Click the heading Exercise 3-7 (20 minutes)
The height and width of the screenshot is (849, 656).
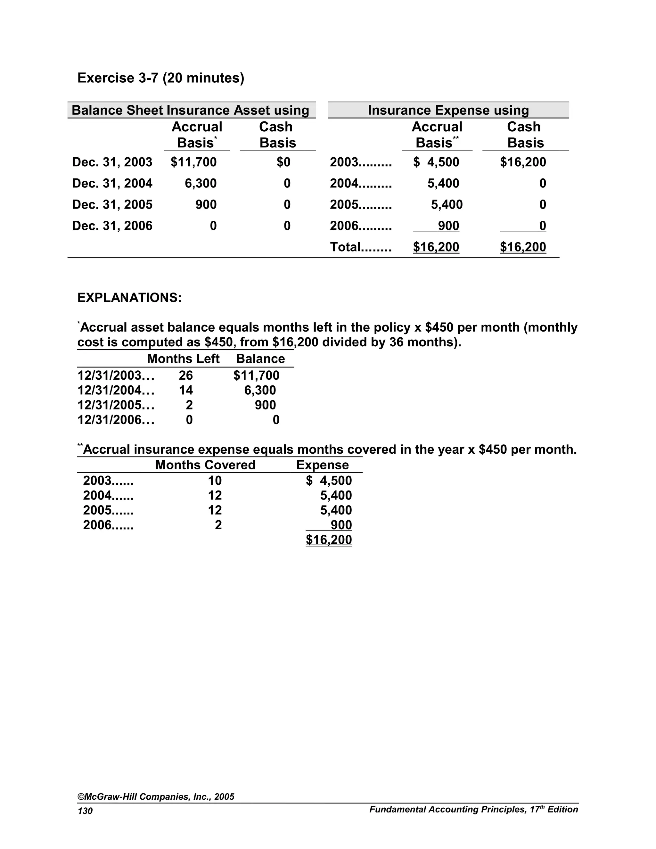(161, 78)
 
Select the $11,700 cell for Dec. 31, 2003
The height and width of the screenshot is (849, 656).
(193, 162)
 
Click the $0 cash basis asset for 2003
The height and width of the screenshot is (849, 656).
(283, 162)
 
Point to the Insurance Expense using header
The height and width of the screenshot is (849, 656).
(448, 111)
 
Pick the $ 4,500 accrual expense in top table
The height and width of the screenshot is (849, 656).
(436, 162)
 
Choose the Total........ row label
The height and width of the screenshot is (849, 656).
(361, 247)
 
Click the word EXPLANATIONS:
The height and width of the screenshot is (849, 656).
(129, 298)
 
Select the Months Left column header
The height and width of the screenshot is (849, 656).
(183, 359)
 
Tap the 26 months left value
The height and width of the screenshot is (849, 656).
(186, 375)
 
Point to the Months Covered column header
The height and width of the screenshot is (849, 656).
(205, 465)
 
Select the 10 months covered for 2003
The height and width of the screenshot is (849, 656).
(215, 481)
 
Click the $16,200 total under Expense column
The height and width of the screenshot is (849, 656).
(329, 540)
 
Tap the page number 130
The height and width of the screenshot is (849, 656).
(85, 811)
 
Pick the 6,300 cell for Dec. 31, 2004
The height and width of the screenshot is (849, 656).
(201, 184)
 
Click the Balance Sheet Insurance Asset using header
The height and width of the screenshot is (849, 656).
(191, 111)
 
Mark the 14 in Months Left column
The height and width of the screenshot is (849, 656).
(186, 390)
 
